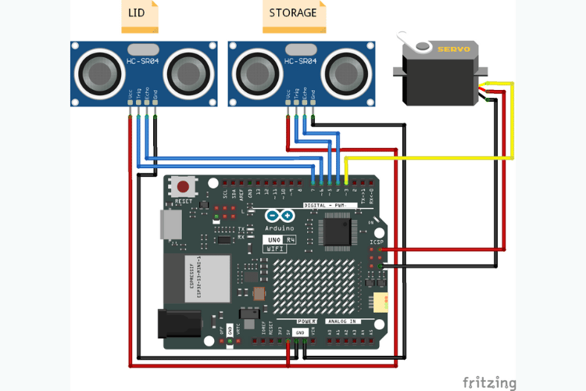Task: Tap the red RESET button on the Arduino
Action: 184,188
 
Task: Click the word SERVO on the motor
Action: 453,48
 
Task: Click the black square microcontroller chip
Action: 337,229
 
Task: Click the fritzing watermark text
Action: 489,382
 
